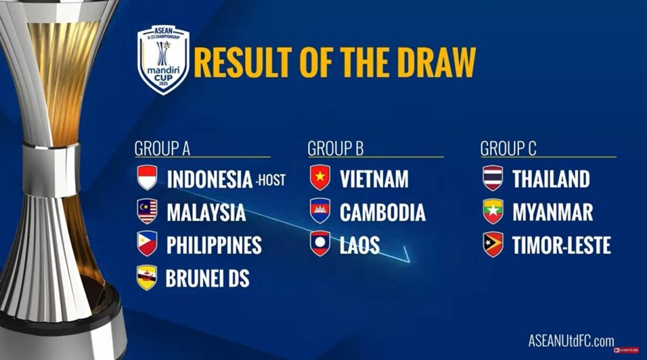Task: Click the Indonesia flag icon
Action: (x=147, y=178)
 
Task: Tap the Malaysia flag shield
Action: (x=147, y=211)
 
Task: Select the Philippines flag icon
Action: (x=147, y=244)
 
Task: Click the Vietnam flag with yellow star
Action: (x=320, y=178)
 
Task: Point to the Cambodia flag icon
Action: (x=320, y=211)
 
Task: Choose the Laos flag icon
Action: (x=320, y=244)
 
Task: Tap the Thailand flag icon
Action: (x=493, y=178)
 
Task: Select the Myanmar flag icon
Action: (x=493, y=211)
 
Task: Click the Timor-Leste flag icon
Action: (x=493, y=244)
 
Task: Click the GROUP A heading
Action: (x=162, y=149)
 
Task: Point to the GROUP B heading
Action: (x=335, y=149)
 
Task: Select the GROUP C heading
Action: (x=508, y=149)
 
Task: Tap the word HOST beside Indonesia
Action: (x=272, y=181)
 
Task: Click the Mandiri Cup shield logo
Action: (x=163, y=59)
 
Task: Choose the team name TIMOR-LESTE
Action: (x=561, y=245)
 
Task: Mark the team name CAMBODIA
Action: (x=382, y=213)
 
